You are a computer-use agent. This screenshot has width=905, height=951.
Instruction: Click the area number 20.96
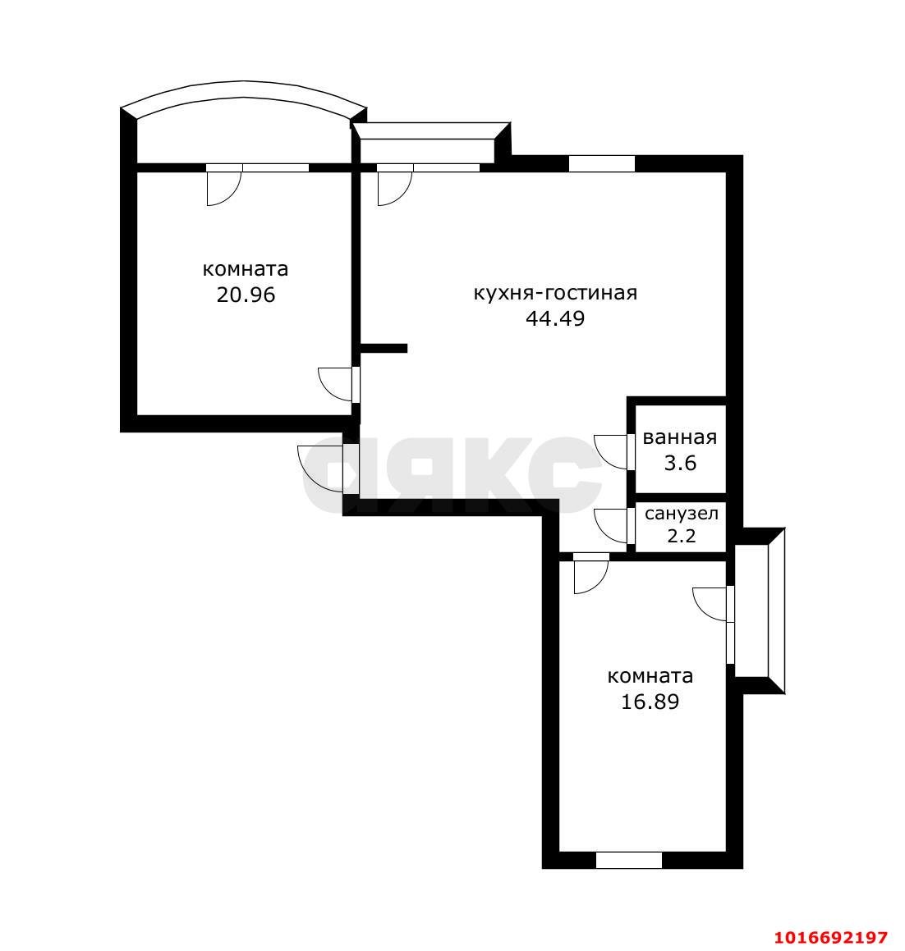246,295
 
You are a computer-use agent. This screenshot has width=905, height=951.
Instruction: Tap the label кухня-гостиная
555,293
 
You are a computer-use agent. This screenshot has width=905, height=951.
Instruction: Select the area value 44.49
555,318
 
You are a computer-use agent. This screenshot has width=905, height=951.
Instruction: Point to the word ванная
680,437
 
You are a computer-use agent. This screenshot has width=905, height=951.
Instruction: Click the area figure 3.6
680,464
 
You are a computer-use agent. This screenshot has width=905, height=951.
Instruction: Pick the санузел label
681,514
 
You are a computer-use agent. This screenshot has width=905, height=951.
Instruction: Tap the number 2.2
681,536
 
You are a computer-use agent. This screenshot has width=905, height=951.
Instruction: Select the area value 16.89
650,702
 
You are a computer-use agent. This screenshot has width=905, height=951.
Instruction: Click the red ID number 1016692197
831,938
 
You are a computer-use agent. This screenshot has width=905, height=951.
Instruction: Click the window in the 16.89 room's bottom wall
629,859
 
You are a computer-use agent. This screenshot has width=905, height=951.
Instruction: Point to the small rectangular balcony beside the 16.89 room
759,610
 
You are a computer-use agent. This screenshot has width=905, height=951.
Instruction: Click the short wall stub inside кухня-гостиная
384,348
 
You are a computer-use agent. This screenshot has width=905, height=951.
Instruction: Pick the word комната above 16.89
650,675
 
